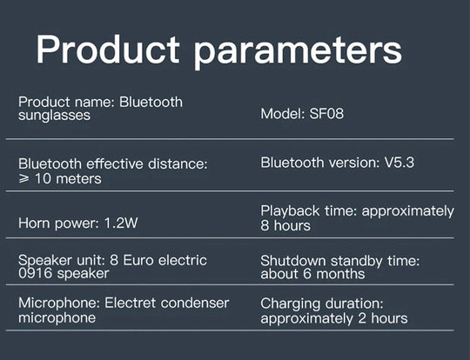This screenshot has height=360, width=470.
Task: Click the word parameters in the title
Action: [298, 50]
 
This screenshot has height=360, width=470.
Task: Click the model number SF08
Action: [326, 114]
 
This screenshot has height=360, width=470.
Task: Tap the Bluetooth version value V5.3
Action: [399, 163]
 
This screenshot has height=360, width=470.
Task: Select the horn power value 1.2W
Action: [121, 223]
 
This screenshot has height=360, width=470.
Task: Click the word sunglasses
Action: [54, 116]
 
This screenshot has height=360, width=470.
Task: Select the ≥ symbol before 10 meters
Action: [24, 179]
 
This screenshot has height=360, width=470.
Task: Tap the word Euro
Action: [138, 260]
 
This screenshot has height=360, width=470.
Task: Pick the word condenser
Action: [195, 303]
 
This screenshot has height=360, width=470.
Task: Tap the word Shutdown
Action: [292, 261]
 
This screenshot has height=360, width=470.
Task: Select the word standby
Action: [356, 261]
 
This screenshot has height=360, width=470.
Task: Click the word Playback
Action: [290, 210]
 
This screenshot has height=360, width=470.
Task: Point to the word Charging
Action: [290, 304]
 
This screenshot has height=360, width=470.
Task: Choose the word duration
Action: [354, 303]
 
